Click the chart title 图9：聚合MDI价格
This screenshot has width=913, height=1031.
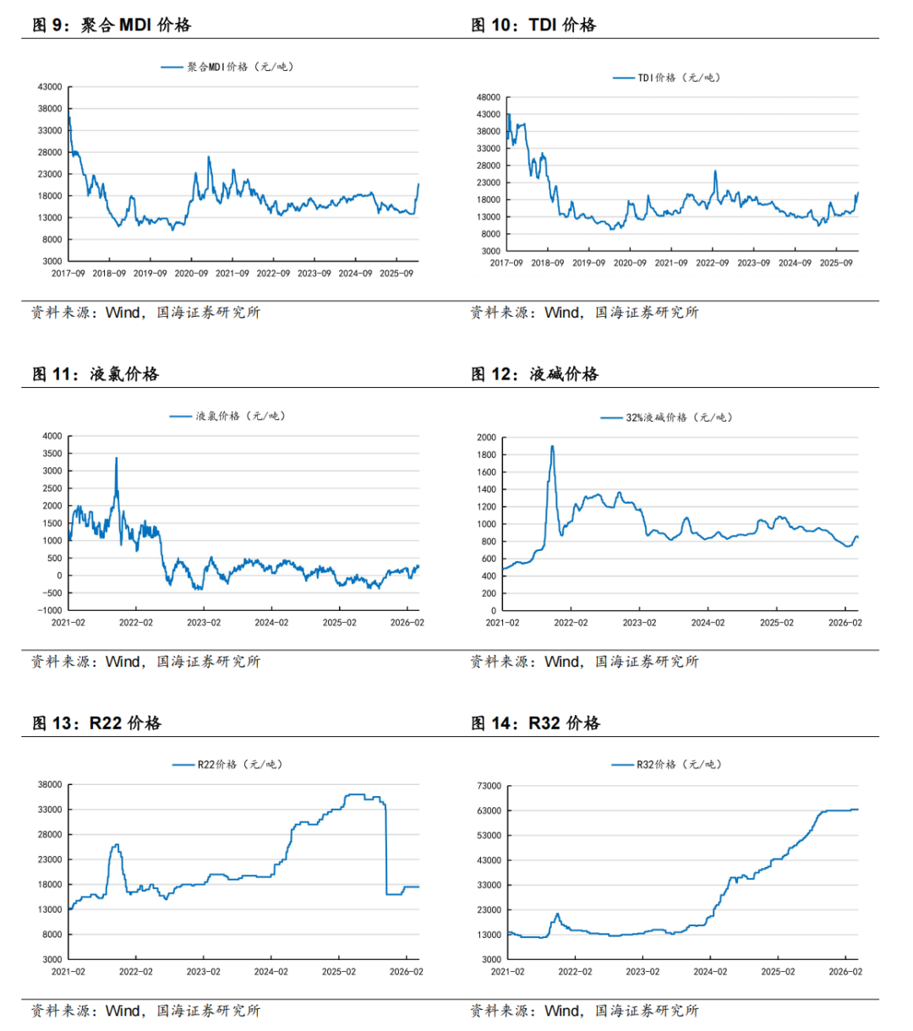pos(112,25)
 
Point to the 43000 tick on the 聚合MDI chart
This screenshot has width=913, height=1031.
pos(50,87)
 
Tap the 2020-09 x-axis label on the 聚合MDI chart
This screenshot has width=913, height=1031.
pos(191,274)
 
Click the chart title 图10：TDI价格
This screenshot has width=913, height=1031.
pos(533,25)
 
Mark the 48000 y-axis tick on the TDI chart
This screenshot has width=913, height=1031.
pos(489,97)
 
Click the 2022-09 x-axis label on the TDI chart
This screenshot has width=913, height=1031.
pos(712,263)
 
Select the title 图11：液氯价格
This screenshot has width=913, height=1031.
pos(96,374)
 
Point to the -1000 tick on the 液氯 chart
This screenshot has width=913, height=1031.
pos(47,610)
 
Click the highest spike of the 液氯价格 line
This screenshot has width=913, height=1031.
pos(116,459)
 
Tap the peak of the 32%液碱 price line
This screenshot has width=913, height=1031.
pos(552,447)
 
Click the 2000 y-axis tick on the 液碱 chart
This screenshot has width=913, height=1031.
pos(486,438)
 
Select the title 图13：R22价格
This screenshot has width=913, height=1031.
pos(96,723)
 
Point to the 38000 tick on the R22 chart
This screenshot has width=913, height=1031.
pos(50,785)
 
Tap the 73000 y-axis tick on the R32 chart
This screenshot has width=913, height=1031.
pos(490,786)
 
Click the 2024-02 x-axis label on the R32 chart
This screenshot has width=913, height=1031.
pos(710,972)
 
